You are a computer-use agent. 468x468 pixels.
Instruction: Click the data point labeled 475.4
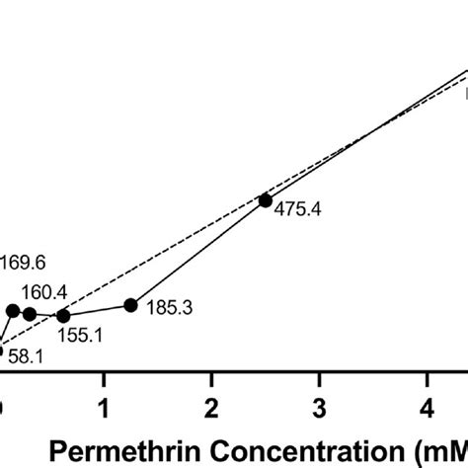(x=265, y=200)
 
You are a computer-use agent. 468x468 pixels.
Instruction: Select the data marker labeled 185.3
(x=130, y=305)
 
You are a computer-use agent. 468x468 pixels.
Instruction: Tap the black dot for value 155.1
(x=64, y=316)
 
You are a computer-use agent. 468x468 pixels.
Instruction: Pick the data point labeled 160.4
(x=30, y=314)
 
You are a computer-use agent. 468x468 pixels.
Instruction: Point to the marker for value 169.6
(x=13, y=310)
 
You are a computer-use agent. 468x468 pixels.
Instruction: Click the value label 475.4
(x=293, y=210)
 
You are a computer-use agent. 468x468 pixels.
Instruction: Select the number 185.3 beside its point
(x=169, y=309)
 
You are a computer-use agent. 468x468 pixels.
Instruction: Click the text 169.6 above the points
(x=24, y=264)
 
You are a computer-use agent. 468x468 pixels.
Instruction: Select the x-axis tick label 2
(x=210, y=408)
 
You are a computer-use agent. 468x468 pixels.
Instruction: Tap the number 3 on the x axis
(x=318, y=408)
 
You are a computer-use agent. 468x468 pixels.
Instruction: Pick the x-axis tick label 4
(x=426, y=408)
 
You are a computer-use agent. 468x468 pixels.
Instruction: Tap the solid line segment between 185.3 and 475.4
(x=197, y=253)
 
